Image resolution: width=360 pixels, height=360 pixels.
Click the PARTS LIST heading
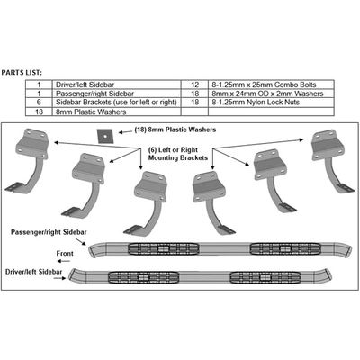pyautogui.click(x=22, y=73)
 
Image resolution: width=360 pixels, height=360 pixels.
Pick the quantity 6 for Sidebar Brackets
pyautogui.click(x=39, y=103)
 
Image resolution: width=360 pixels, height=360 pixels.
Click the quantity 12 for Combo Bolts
pyautogui.click(x=194, y=85)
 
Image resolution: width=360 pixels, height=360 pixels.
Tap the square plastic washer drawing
pyautogui.click(x=104, y=136)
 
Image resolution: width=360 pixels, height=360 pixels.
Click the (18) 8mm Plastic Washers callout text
pyautogui.click(x=175, y=130)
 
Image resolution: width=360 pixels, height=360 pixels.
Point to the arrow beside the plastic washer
pyautogui.click(x=124, y=131)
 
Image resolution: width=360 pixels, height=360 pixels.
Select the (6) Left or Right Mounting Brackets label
pyautogui.click(x=178, y=154)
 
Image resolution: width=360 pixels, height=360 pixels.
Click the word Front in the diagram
pyautogui.click(x=65, y=254)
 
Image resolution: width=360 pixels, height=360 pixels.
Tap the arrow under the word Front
pyautogui.click(x=64, y=261)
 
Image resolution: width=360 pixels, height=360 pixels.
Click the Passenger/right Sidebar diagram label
pyautogui.click(x=49, y=232)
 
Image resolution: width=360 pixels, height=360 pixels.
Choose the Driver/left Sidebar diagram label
pyautogui.click(x=34, y=272)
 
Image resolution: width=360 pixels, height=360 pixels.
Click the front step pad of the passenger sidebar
pyautogui.click(x=164, y=248)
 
